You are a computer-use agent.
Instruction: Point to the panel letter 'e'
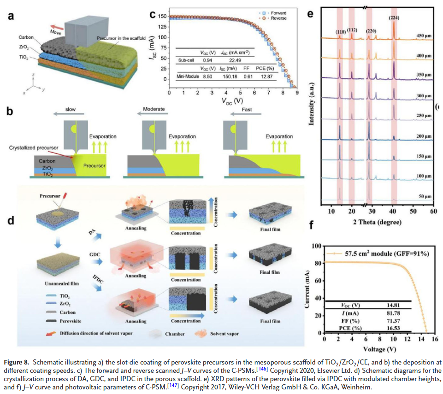tap(310, 13)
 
